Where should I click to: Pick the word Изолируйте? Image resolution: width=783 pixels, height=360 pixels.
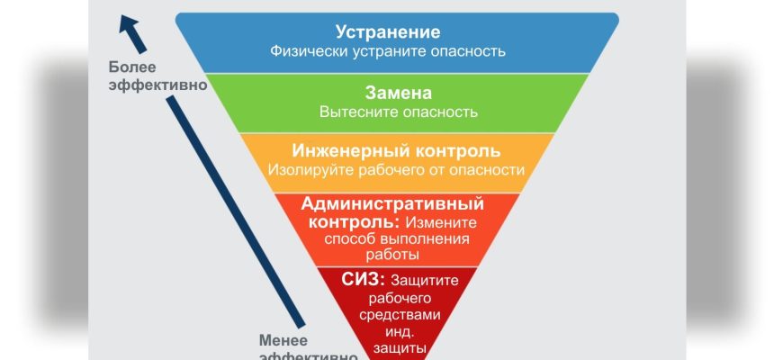point(309,169)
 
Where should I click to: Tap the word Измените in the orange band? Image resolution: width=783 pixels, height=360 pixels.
point(440,221)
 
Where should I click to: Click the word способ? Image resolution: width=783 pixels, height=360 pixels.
point(346,238)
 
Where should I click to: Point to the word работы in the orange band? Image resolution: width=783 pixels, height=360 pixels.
point(397,256)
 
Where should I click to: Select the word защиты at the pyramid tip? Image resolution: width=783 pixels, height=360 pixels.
point(398,347)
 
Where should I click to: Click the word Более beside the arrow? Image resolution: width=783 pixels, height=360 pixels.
point(131,67)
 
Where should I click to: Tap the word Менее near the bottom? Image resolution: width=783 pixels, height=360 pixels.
point(283,339)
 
